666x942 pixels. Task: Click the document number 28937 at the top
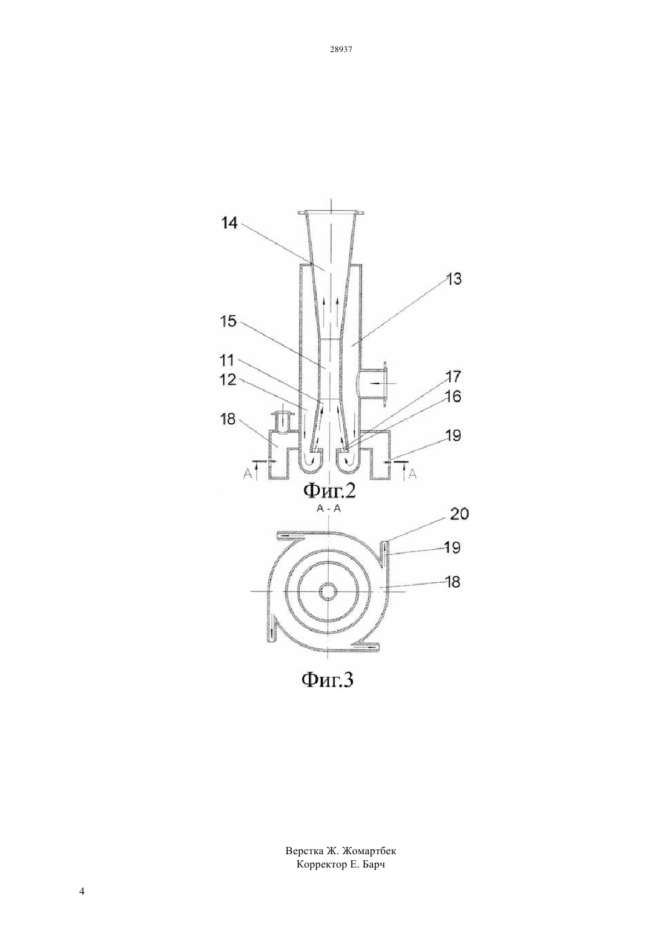click(x=341, y=49)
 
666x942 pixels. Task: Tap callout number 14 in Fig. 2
click(x=229, y=223)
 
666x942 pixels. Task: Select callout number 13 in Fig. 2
click(x=453, y=279)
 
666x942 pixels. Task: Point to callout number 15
click(x=228, y=321)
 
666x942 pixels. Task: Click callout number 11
click(x=227, y=360)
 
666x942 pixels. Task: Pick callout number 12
click(x=228, y=380)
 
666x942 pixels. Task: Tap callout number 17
click(x=453, y=377)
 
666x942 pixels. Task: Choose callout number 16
click(x=453, y=397)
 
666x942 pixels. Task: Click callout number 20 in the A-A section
click(x=460, y=514)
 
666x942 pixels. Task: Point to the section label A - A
click(x=329, y=509)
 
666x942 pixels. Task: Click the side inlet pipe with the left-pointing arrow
click(x=372, y=384)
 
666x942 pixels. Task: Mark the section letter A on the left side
click(x=248, y=474)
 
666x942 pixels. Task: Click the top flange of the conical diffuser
click(x=331, y=212)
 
